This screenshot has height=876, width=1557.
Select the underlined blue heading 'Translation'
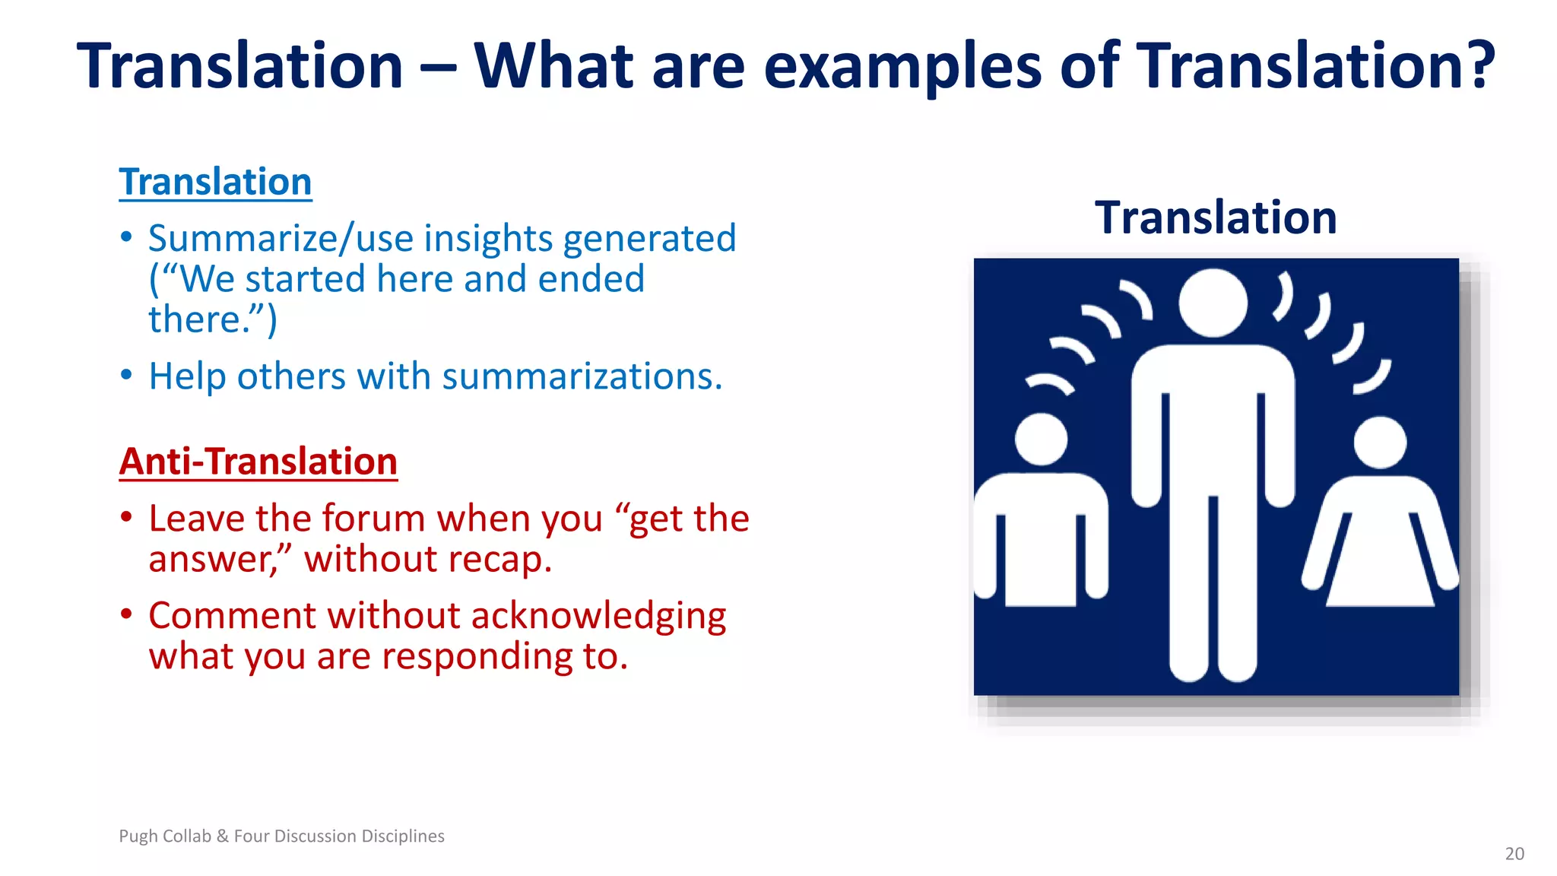(x=215, y=182)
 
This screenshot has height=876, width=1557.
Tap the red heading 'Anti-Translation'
(x=258, y=462)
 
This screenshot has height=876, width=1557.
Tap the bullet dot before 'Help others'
(x=127, y=375)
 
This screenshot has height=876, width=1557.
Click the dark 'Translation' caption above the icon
(x=1215, y=218)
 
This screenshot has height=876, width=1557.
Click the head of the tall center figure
(x=1213, y=303)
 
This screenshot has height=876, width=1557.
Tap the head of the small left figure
(x=1042, y=440)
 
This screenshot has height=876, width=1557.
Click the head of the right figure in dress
(x=1380, y=443)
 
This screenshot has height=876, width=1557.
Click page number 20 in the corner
(x=1514, y=854)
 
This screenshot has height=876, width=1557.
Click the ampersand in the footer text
(x=222, y=836)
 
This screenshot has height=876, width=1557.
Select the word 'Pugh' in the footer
(x=138, y=836)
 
